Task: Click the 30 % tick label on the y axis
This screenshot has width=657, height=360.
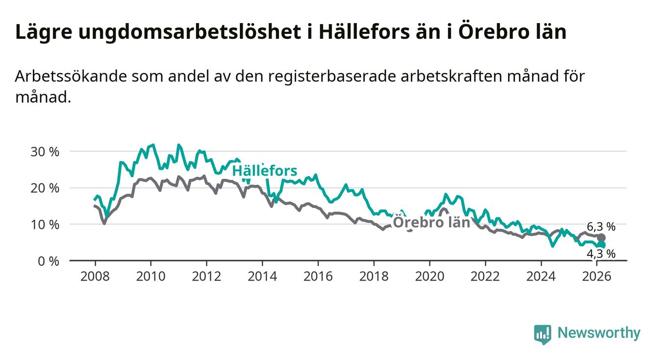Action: point(45,152)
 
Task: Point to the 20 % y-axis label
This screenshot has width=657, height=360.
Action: point(45,188)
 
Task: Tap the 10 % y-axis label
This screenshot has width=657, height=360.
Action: point(45,224)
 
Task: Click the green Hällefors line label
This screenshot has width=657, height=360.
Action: point(264,171)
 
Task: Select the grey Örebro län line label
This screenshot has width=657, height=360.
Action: point(432,222)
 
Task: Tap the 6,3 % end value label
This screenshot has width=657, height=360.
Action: point(601,227)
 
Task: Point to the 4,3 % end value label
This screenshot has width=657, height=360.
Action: point(601,254)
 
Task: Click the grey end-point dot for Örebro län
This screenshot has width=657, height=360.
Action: point(602,237)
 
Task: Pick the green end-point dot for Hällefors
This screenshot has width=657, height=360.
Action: point(602,245)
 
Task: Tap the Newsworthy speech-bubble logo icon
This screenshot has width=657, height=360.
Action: point(542,334)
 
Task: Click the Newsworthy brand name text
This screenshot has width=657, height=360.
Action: point(599,334)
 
